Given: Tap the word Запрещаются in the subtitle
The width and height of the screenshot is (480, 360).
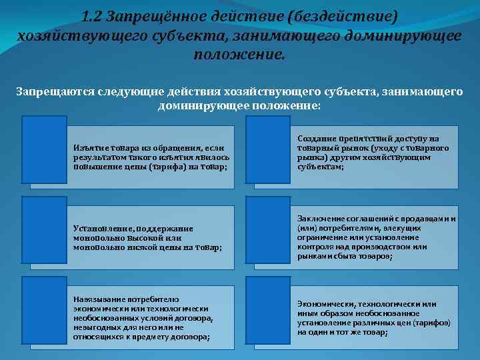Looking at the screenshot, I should (49, 92).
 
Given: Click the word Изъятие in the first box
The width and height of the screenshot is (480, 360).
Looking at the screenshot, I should (89, 147).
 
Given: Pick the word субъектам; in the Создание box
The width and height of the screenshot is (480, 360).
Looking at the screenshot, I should (321, 167).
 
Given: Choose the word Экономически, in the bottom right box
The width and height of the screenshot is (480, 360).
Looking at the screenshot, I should (327, 304).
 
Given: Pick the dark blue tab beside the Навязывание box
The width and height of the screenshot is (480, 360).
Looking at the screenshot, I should (43, 308).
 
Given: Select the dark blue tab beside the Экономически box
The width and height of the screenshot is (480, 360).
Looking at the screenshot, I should (268, 308).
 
